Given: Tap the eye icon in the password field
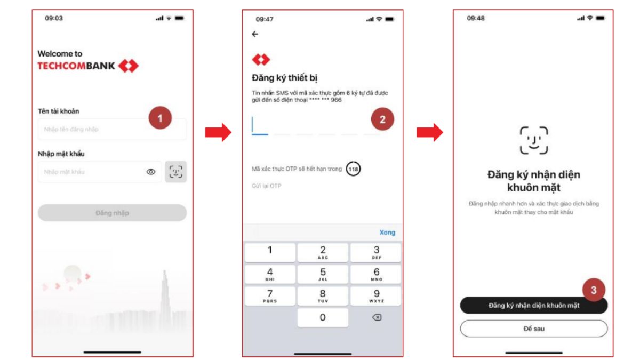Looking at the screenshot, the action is tap(151, 172).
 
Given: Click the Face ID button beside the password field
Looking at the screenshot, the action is tap(175, 172).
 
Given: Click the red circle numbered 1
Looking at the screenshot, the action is tap(160, 118).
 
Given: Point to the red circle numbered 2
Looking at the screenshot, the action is tap(382, 119).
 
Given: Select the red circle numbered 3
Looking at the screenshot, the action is tap(594, 290).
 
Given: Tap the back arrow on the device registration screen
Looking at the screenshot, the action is tap(255, 34).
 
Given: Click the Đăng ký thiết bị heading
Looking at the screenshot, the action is tap(284, 78).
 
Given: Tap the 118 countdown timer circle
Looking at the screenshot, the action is tap(353, 169).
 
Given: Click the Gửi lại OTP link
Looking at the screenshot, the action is tap(266, 186).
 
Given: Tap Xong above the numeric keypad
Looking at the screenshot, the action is tap(387, 233).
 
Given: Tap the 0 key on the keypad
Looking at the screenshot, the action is tap(323, 317).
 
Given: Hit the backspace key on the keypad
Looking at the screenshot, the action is tap(377, 317).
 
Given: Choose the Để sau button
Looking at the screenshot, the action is tap(533, 329).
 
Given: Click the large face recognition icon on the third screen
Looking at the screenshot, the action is tap(534, 140).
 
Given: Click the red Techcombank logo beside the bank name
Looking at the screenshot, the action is tap(129, 66).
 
